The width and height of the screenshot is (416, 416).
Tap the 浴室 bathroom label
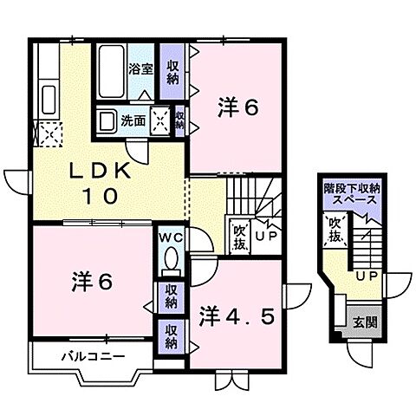pos(140,68)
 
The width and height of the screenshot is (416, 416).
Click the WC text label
pos(169,235)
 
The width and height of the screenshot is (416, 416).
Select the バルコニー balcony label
pos(93,356)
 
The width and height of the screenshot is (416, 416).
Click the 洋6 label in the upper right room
pos(237,107)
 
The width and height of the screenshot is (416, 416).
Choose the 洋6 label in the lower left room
pos(91,282)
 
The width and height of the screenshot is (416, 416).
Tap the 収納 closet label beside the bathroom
pos(173,68)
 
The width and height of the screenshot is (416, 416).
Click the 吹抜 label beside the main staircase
pos(239,235)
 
